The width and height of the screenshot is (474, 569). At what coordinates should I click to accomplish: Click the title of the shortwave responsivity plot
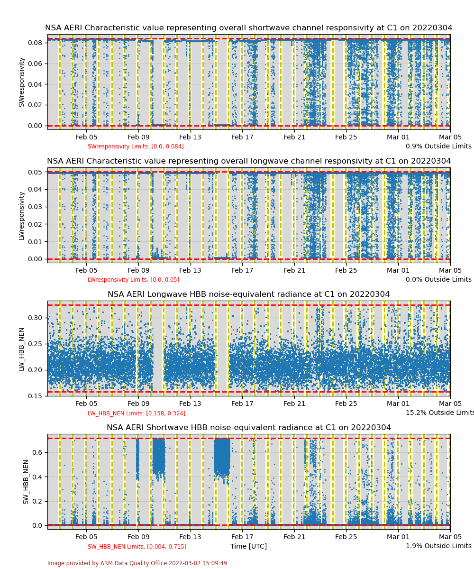tap(248, 28)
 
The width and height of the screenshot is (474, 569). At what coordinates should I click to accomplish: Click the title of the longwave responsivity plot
tap(248, 161)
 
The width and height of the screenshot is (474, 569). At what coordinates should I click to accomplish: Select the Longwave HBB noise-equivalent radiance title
tap(248, 294)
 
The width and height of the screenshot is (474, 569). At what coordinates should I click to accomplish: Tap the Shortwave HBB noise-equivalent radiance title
tap(248, 428)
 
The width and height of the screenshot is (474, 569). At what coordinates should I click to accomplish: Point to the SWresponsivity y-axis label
tap(21, 82)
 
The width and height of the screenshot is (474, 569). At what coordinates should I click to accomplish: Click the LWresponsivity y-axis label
tap(21, 215)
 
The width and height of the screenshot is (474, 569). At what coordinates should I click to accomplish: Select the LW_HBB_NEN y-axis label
tap(21, 349)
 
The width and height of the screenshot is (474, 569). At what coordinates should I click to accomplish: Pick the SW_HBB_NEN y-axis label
tap(26, 482)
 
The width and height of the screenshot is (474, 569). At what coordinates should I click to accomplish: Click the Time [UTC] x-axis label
tap(248, 546)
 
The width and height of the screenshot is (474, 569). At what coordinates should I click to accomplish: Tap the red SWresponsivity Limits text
tap(136, 147)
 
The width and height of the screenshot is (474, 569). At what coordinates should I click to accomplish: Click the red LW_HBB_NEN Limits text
tap(137, 413)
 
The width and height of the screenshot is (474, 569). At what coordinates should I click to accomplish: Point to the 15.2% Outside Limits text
tap(439, 413)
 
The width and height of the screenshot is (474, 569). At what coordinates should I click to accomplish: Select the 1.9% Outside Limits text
tap(438, 546)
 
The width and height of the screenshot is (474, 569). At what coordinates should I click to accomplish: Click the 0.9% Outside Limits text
tap(438, 147)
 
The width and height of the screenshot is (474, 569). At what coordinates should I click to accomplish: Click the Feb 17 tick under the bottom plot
tap(242, 537)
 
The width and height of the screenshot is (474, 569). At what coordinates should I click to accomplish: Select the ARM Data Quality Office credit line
tap(137, 563)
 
